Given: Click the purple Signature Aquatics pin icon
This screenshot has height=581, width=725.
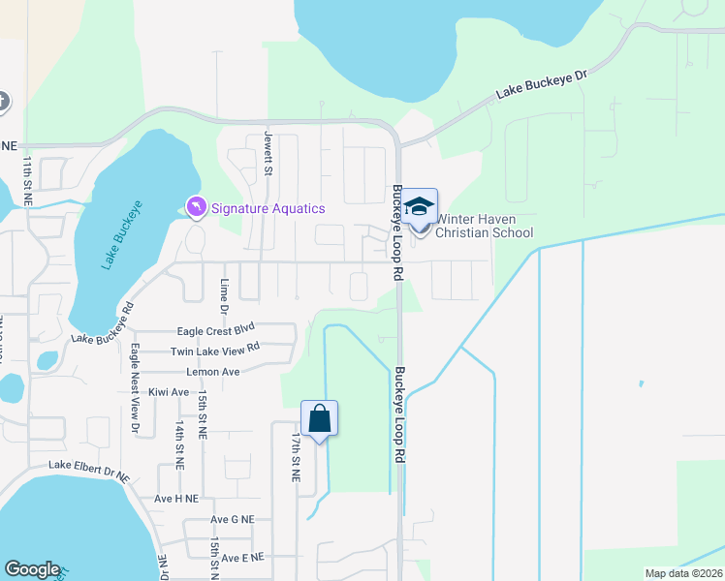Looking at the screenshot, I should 196,207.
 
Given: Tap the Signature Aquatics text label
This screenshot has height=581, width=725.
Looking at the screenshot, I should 268,208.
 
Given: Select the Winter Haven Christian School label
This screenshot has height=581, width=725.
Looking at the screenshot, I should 484,226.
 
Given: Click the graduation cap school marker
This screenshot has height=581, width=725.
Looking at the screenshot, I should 420,207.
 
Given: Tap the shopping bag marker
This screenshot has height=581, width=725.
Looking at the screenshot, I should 319,419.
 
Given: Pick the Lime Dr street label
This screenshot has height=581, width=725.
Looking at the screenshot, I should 224,296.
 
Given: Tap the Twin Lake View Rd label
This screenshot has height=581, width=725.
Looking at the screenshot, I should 215,350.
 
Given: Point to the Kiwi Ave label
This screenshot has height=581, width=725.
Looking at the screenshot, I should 169,392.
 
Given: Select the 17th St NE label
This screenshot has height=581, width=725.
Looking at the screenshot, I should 294,457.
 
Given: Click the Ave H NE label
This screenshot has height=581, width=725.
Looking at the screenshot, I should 175,498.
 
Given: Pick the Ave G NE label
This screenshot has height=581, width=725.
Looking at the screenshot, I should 232,519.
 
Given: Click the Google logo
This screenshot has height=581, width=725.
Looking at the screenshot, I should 32,569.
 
